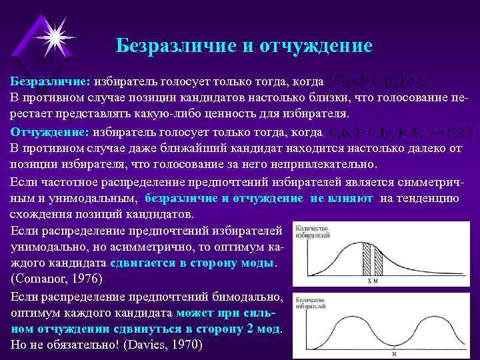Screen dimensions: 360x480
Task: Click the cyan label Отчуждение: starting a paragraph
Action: pos(50,131)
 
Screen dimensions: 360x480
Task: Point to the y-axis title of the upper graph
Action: pos(307,231)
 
